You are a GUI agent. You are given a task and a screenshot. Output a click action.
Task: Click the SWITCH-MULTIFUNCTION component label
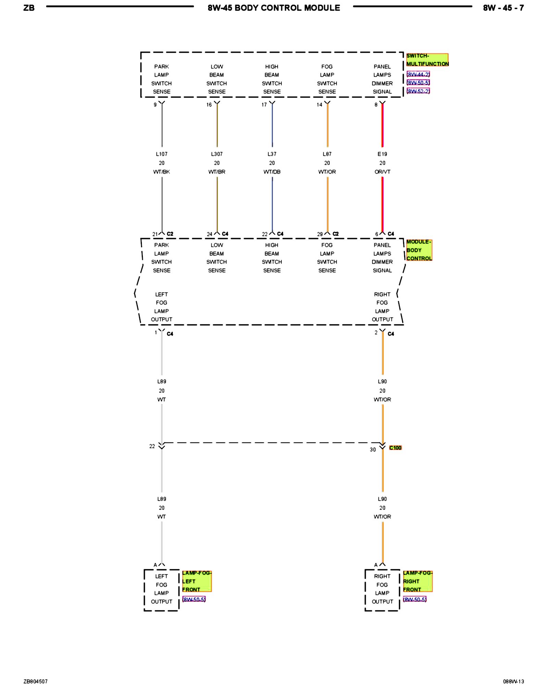(x=427, y=60)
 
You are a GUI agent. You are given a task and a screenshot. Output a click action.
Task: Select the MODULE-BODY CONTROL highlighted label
(x=419, y=250)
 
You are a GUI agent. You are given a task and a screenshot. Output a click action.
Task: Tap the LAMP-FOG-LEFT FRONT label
(x=197, y=581)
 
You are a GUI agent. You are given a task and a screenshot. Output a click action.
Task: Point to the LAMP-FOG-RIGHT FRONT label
(x=418, y=581)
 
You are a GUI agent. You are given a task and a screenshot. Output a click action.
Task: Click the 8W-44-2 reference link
(x=418, y=74)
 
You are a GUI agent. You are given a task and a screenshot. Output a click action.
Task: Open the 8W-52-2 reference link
(x=418, y=91)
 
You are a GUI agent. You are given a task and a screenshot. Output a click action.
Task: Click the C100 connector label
(x=395, y=448)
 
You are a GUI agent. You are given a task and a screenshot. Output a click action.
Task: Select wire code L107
(x=162, y=154)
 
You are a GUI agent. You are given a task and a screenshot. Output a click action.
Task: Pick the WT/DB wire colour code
(x=272, y=172)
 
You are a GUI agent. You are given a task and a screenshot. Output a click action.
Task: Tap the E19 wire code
(x=382, y=154)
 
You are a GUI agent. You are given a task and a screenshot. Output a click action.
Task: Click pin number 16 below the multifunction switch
(x=209, y=105)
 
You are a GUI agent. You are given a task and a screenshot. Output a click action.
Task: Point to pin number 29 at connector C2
(x=320, y=234)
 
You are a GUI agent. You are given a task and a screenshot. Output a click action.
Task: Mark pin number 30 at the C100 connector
(x=373, y=450)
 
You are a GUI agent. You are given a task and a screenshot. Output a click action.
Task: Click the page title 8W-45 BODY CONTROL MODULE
(x=274, y=8)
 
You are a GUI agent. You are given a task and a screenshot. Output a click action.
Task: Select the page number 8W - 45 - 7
(x=503, y=8)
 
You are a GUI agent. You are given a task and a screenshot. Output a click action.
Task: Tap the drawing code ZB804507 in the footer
(x=36, y=681)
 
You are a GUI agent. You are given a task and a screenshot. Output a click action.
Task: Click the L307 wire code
(x=217, y=154)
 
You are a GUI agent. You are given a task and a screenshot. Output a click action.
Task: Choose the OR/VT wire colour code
(x=382, y=172)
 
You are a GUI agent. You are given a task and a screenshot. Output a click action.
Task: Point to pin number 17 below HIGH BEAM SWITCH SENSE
(x=264, y=105)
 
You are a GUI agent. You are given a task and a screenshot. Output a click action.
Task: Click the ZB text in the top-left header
(x=29, y=8)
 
